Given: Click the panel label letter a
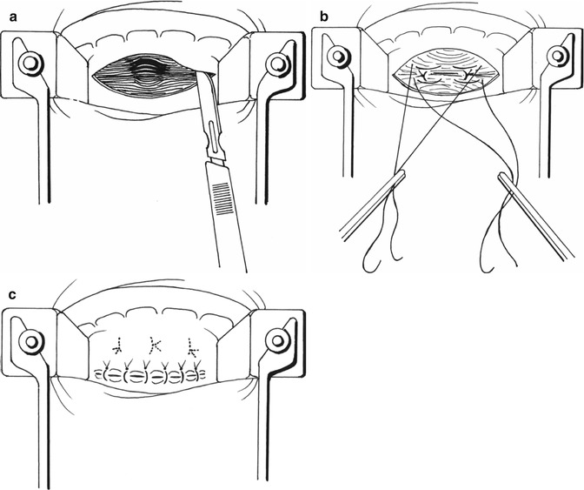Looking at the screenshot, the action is pos(14,17).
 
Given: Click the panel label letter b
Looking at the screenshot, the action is pos(324,17).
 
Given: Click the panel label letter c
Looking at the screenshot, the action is pos(12,294).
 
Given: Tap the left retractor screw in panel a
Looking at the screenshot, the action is pos(30,63).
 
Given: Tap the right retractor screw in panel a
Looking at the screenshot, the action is pos(276,64).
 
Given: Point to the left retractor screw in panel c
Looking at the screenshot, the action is pos(30,341).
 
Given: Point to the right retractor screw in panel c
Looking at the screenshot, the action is pos(277,340).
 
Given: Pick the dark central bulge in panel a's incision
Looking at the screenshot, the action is pos(145,70).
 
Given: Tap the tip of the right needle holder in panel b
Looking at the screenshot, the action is pos(501,175).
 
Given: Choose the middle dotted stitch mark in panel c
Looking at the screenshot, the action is pos(155,345).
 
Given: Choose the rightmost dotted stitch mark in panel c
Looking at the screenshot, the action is pos(192,346).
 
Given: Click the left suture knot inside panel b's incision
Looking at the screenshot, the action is pos(423,76).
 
